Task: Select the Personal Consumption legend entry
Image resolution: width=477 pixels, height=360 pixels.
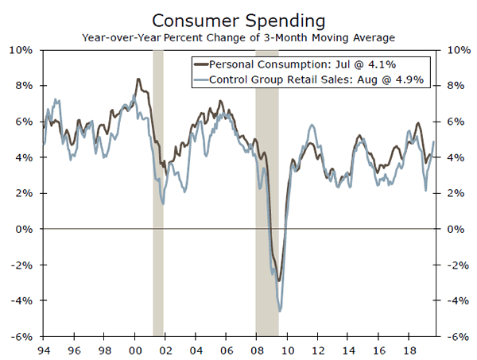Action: point(299,64)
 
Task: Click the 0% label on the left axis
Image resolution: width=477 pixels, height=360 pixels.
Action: point(24,229)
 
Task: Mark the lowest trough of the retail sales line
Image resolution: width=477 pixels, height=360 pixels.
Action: point(281,311)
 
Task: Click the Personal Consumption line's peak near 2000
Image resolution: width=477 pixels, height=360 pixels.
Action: point(139,79)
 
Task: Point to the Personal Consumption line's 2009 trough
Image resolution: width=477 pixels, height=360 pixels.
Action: point(278,280)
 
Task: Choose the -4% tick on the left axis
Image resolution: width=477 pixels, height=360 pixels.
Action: point(22,300)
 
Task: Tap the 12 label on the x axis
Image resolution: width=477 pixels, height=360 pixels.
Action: point(318,349)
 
